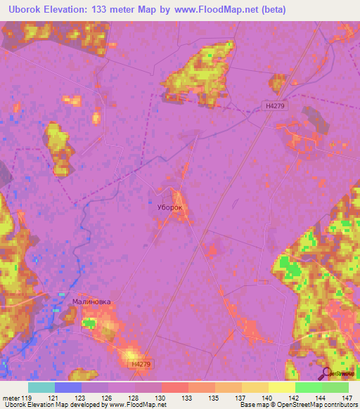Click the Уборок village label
169,209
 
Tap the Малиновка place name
91,301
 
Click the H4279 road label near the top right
275,105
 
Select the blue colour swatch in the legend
68,387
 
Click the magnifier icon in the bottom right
326,375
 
